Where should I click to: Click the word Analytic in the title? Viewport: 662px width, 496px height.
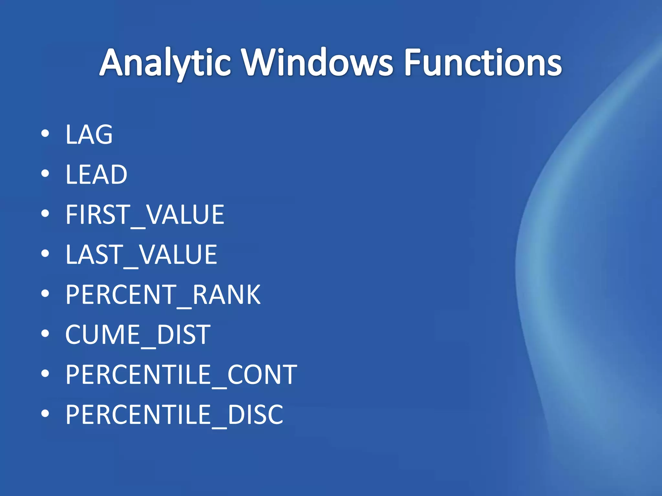[x=165, y=63]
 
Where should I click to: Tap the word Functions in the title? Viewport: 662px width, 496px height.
[x=483, y=63]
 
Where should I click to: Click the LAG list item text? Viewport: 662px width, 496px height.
[x=89, y=135]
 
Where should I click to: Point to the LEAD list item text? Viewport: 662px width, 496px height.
[x=96, y=175]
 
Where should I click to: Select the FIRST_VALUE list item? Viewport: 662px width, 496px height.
[x=144, y=215]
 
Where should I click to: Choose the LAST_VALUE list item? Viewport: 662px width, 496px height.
[x=141, y=255]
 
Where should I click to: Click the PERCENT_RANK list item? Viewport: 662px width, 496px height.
[x=163, y=295]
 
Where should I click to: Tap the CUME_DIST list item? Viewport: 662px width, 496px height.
[x=138, y=335]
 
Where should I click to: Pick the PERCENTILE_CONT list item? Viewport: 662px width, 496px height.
[x=181, y=375]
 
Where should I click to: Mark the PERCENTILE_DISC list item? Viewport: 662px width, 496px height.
[x=174, y=415]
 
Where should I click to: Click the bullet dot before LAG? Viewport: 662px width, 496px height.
[x=45, y=133]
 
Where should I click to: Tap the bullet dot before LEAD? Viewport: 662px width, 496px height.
[x=45, y=173]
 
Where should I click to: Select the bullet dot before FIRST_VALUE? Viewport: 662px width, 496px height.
[x=45, y=213]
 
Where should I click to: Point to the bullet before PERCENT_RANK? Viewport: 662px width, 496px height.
[x=45, y=294]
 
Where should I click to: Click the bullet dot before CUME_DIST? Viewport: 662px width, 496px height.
[x=45, y=334]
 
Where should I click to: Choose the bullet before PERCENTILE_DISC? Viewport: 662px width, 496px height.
[x=45, y=414]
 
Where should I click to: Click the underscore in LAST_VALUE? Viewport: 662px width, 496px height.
[x=131, y=267]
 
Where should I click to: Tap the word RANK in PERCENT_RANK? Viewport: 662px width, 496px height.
[x=226, y=295]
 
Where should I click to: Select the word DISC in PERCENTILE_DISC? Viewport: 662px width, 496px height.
[x=255, y=415]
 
